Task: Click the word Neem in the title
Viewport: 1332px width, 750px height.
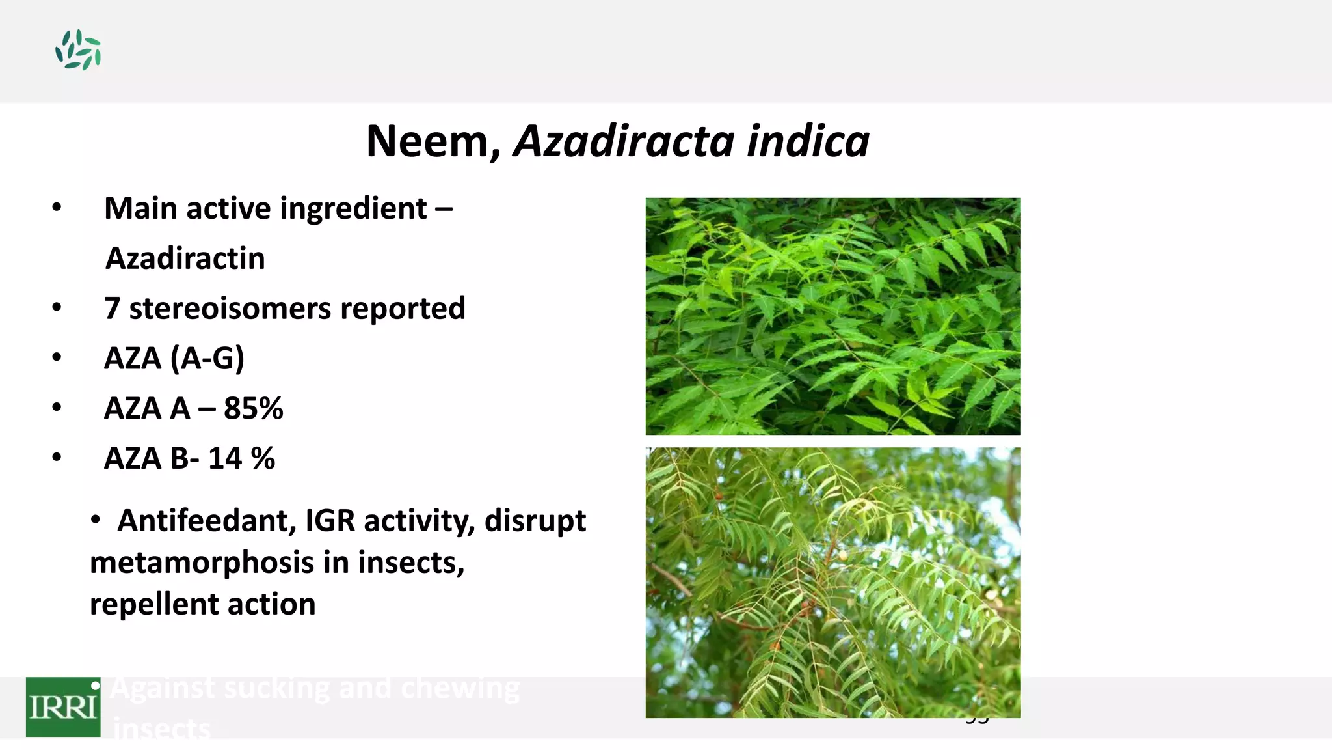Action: [x=430, y=141]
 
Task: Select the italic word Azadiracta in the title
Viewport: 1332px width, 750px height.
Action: [x=624, y=141]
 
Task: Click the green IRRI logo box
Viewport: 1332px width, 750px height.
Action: [x=63, y=707]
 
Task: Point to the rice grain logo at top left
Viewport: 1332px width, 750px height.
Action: [x=78, y=50]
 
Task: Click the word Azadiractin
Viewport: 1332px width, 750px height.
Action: [x=185, y=258]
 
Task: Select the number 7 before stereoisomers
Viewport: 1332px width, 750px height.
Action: [x=112, y=309]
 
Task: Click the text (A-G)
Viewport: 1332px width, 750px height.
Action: [x=207, y=359]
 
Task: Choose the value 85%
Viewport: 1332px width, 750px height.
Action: [x=253, y=409]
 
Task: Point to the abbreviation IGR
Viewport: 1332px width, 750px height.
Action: [x=330, y=521]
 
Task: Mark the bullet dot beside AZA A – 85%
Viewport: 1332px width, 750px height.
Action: [x=57, y=408]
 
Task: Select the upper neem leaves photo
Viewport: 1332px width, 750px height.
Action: [x=832, y=316]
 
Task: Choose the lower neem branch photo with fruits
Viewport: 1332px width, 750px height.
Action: [x=832, y=582]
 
